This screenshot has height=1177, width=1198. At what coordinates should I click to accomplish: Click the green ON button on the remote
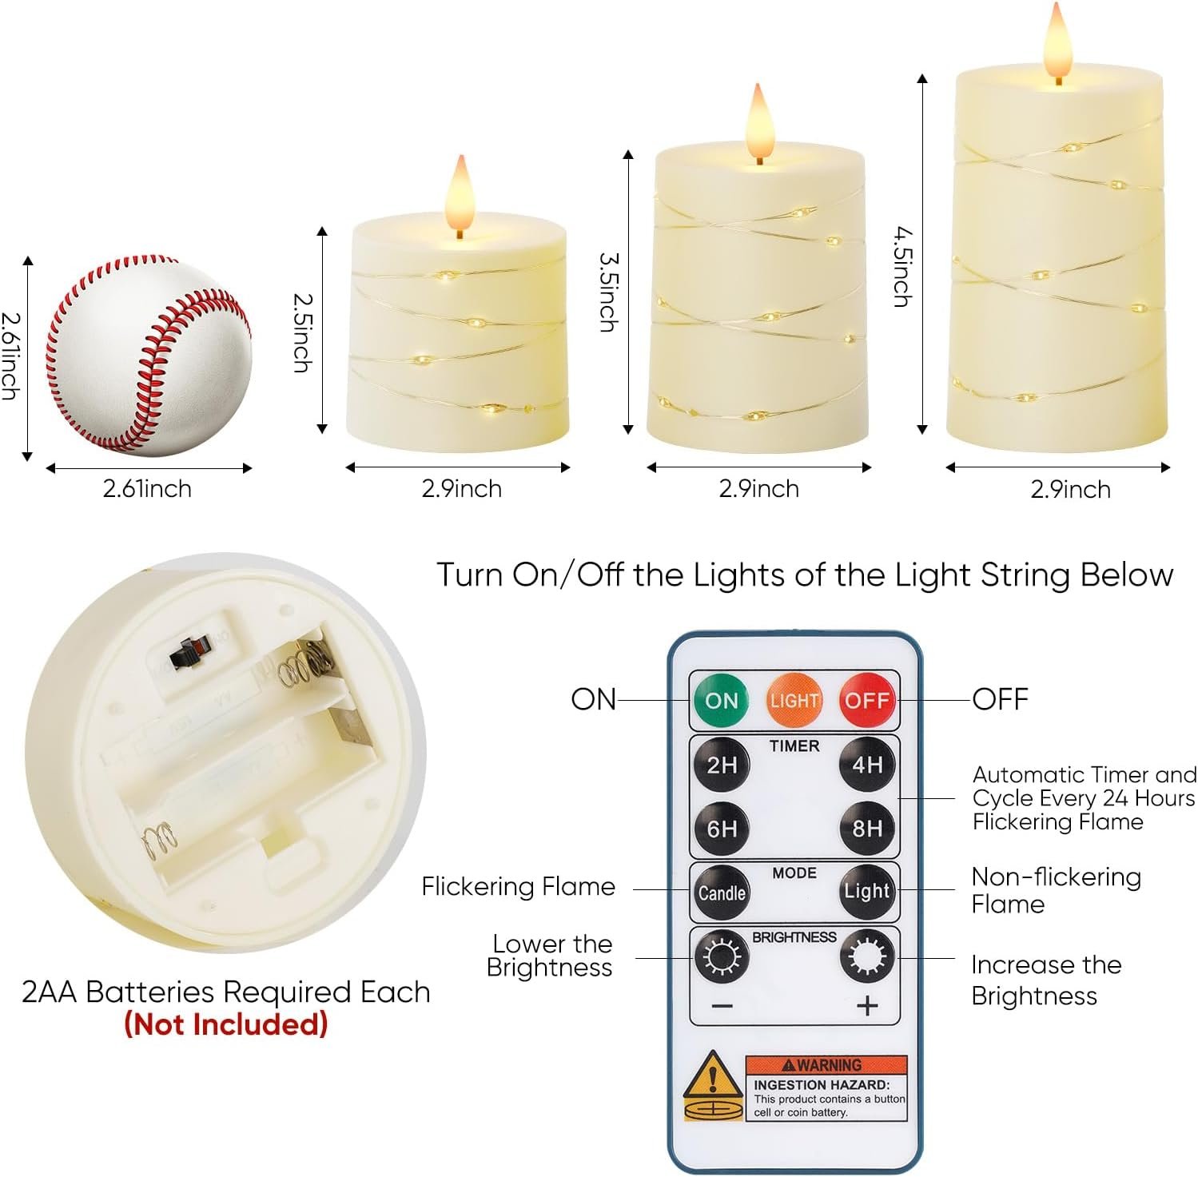pyautogui.click(x=721, y=701)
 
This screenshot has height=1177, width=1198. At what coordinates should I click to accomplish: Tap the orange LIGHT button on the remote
pyautogui.click(x=794, y=701)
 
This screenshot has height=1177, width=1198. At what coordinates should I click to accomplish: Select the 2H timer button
pyautogui.click(x=721, y=765)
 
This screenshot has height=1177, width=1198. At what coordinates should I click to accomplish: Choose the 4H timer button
pyautogui.click(x=867, y=765)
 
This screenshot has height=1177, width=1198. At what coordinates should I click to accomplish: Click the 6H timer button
pyautogui.click(x=721, y=829)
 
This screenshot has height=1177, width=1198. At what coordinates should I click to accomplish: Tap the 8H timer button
pyautogui.click(x=867, y=829)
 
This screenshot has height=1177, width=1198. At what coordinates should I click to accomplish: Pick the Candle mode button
pyautogui.click(x=721, y=893)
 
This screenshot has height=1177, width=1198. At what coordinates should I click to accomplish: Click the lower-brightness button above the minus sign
pyautogui.click(x=721, y=956)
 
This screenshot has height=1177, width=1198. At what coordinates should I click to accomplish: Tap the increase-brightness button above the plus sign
pyautogui.click(x=867, y=956)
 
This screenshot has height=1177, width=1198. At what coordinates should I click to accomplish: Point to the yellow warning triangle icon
pyautogui.click(x=711, y=1076)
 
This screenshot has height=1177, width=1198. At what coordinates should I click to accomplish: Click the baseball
pyautogui.click(x=149, y=356)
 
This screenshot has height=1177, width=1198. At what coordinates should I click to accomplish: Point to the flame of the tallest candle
pyautogui.click(x=1057, y=41)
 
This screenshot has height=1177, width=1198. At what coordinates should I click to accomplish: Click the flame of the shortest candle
pyautogui.click(x=460, y=193)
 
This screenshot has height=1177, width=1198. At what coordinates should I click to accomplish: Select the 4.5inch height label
pyautogui.click(x=903, y=267)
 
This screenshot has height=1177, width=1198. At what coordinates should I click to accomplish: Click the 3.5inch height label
pyautogui.click(x=608, y=292)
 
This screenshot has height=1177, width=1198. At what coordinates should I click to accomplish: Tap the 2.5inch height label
pyautogui.click(x=302, y=332)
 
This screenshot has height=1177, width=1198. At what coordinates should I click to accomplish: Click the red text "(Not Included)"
pyautogui.click(x=226, y=1024)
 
